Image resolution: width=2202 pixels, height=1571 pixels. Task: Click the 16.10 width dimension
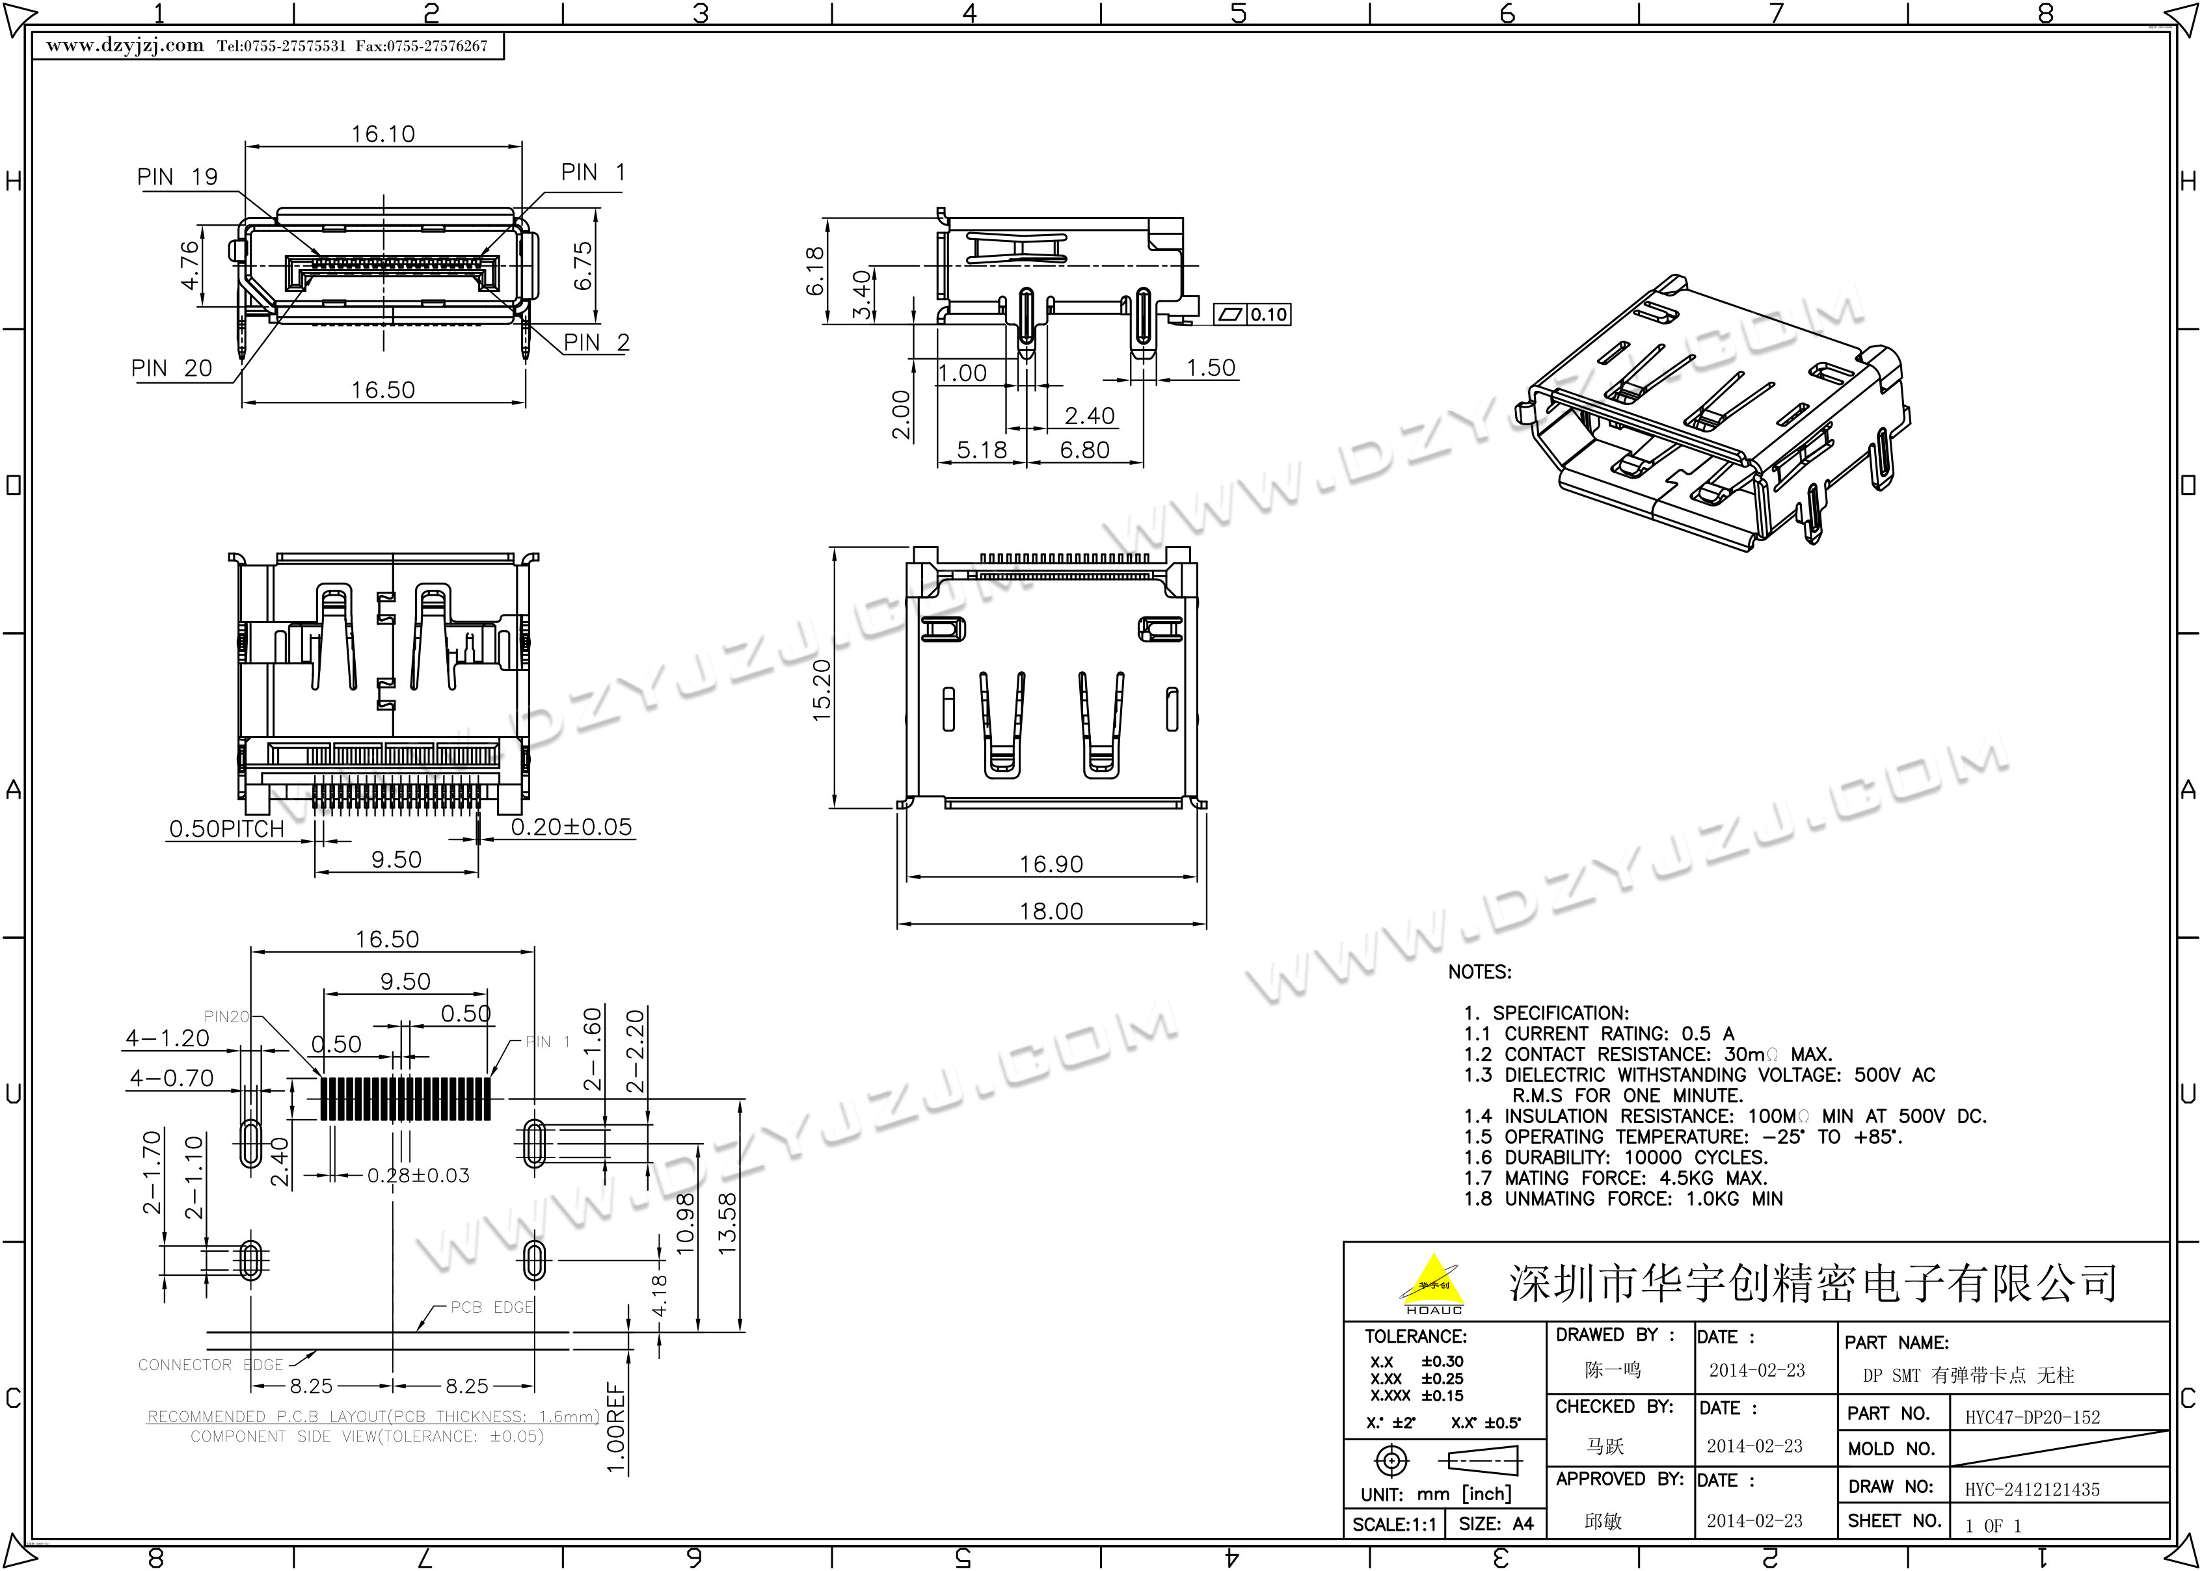[383, 133]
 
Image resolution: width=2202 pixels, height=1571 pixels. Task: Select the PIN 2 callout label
[596, 343]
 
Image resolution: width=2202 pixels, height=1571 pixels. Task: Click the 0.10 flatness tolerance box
[1253, 314]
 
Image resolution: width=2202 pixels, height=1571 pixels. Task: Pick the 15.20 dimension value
[822, 691]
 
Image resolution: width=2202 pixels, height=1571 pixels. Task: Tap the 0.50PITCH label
[226, 829]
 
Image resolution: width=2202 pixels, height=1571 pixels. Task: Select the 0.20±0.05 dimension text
[571, 827]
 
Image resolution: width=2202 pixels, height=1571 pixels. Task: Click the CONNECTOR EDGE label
[210, 1365]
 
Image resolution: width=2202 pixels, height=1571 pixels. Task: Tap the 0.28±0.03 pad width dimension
[418, 1176]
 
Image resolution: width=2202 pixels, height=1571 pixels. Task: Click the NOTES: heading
[1479, 972]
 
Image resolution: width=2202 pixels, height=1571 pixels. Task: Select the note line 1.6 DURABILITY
[1616, 1157]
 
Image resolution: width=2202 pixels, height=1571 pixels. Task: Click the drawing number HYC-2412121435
[2032, 1490]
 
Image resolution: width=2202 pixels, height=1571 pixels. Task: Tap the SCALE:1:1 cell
[1394, 1525]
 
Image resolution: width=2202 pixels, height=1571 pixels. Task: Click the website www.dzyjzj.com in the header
[125, 46]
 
